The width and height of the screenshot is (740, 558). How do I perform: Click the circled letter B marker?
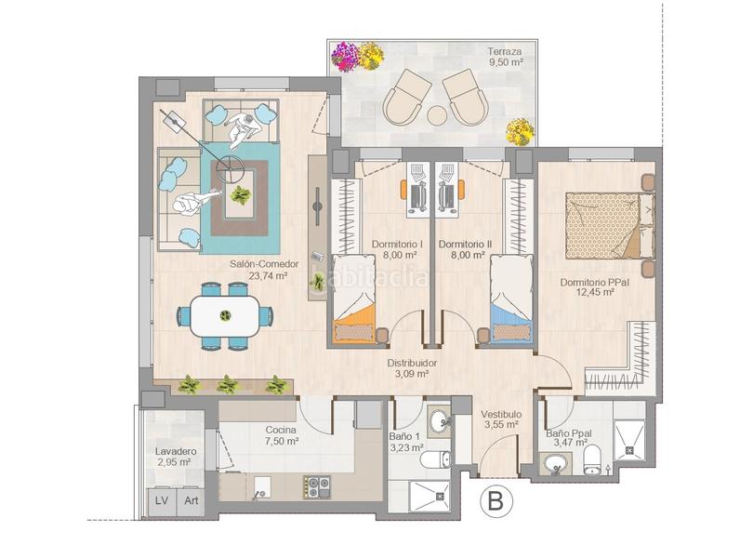point(496,502)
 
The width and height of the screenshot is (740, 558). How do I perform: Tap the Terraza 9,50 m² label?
point(505,57)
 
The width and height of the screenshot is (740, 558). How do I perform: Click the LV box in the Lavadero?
point(162,500)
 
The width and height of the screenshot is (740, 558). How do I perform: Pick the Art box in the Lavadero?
point(191,500)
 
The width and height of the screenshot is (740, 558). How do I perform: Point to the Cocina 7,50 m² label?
point(280,435)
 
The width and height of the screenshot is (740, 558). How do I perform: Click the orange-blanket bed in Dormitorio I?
point(353,302)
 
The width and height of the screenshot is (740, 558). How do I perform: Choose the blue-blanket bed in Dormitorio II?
point(511,302)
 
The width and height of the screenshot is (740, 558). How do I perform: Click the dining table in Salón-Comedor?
point(225,316)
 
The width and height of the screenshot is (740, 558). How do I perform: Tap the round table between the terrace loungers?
point(437,116)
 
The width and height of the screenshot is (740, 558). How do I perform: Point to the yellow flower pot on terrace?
point(521,131)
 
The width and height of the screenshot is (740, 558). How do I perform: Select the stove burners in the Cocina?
point(316,485)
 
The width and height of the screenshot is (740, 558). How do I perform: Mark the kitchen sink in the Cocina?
point(260,485)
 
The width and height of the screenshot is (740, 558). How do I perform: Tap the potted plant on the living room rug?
point(241,195)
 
